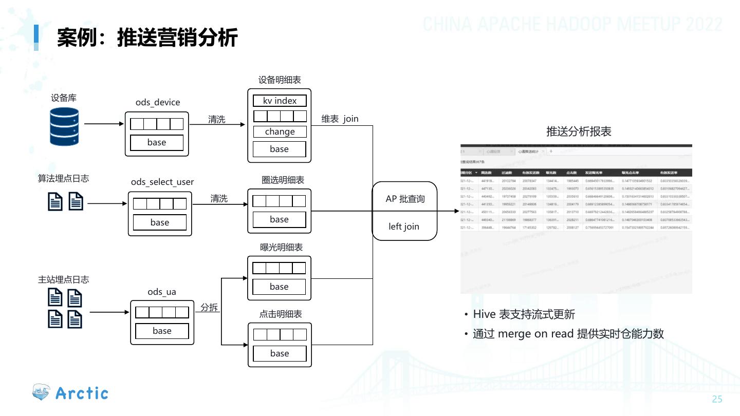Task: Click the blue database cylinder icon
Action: [x=64, y=126]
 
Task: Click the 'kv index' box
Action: [x=280, y=101]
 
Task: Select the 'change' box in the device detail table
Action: [x=280, y=131]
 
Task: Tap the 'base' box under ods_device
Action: [x=157, y=143]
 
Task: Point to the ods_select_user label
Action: [x=162, y=182]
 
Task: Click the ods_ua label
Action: [x=162, y=292]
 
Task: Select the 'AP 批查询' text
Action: [x=405, y=199]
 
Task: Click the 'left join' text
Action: [x=404, y=226]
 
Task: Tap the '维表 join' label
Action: [x=340, y=119]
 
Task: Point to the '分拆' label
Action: [x=209, y=308]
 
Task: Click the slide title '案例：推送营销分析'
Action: [x=147, y=37]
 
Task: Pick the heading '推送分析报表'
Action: [x=579, y=131]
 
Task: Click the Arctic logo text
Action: [x=82, y=393]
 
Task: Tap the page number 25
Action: [x=717, y=400]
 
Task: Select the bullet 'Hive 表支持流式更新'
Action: [x=524, y=314]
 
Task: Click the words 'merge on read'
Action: [x=536, y=334]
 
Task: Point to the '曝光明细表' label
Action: [x=281, y=247]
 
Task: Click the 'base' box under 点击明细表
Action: [x=280, y=353]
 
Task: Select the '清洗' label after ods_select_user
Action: [x=219, y=198]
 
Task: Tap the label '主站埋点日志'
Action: [x=63, y=279]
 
